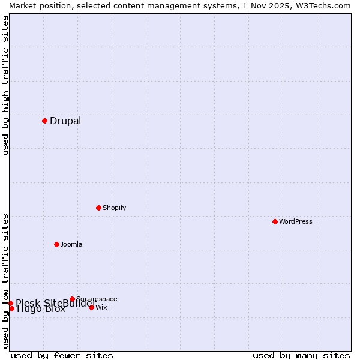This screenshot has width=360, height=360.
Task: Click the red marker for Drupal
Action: pyautogui.click(x=44, y=121)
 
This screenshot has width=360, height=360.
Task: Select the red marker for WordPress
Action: pyautogui.click(x=275, y=221)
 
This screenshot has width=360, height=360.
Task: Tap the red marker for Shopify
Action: pyautogui.click(x=98, y=208)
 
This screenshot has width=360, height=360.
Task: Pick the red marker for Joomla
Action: pyautogui.click(x=56, y=244)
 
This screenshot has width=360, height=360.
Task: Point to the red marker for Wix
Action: pyautogui.click(x=91, y=307)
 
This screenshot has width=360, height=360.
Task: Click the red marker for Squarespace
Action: pyautogui.click(x=72, y=299)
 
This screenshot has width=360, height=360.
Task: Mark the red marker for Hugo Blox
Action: pyautogui.click(x=11, y=308)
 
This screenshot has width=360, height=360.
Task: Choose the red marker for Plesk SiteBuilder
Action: pyautogui.click(x=10, y=303)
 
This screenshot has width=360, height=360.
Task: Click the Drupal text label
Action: pyautogui.click(x=65, y=121)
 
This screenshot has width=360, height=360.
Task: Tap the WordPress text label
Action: pyautogui.click(x=296, y=221)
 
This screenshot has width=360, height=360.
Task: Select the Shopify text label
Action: pyautogui.click(x=114, y=208)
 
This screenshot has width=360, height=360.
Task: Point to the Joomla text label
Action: pyautogui.click(x=71, y=244)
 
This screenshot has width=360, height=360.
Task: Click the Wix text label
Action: pyautogui.click(x=101, y=307)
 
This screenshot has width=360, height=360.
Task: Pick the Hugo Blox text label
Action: pyautogui.click(x=41, y=310)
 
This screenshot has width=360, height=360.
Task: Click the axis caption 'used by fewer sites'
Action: pyautogui.click(x=62, y=355)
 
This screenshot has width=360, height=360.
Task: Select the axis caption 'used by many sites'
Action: pyautogui.click(x=301, y=355)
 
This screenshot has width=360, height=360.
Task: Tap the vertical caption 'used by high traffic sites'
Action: pyautogui.click(x=5, y=85)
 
